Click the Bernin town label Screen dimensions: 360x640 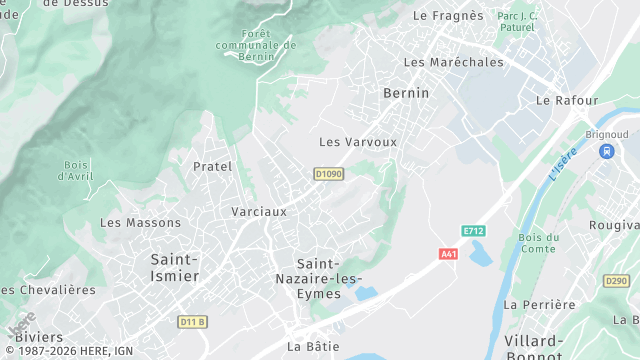coord(406,93)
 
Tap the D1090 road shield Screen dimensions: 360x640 coord(328,174)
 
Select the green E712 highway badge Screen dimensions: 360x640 coord(473,231)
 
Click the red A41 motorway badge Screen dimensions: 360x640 coord(449,254)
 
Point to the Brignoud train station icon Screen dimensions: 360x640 coord(606,151)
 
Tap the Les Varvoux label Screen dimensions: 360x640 coord(358,142)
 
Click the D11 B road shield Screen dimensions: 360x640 coord(192,321)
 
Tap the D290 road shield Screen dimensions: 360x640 coord(617,282)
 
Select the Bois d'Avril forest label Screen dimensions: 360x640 coord(76,170)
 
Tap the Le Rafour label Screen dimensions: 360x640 coord(567,101)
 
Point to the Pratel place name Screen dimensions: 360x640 coord(212,166)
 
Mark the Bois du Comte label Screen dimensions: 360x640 coord(537,243)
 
